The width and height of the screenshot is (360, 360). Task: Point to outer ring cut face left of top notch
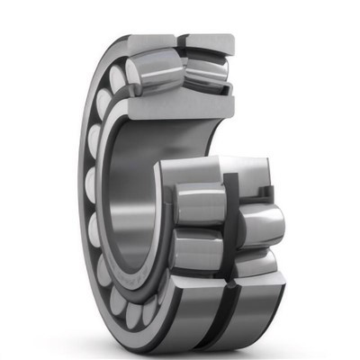[148, 41]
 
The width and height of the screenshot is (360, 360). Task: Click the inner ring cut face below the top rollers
[180, 105]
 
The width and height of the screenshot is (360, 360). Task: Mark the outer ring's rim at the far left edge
[83, 180]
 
